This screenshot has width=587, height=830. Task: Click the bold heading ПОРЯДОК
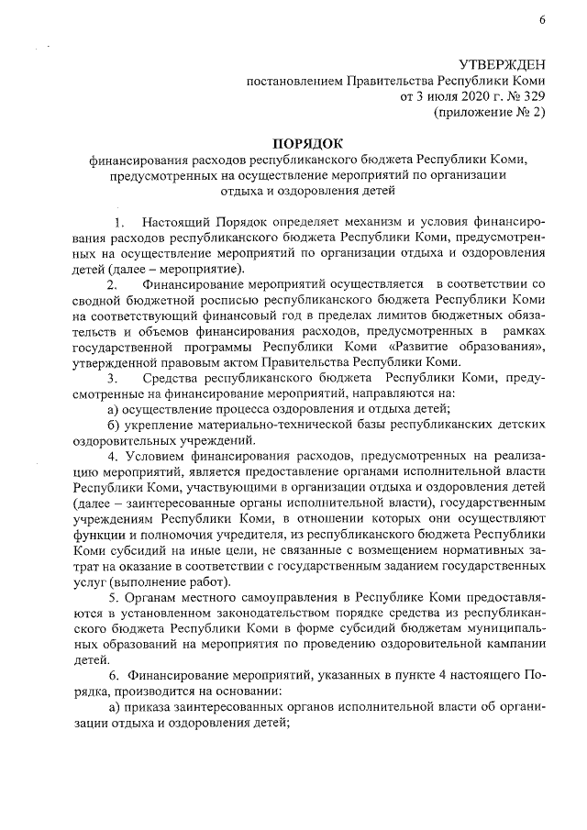coord(306,142)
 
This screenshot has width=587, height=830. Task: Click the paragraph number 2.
coord(112,285)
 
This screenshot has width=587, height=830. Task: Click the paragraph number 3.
coord(112,378)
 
